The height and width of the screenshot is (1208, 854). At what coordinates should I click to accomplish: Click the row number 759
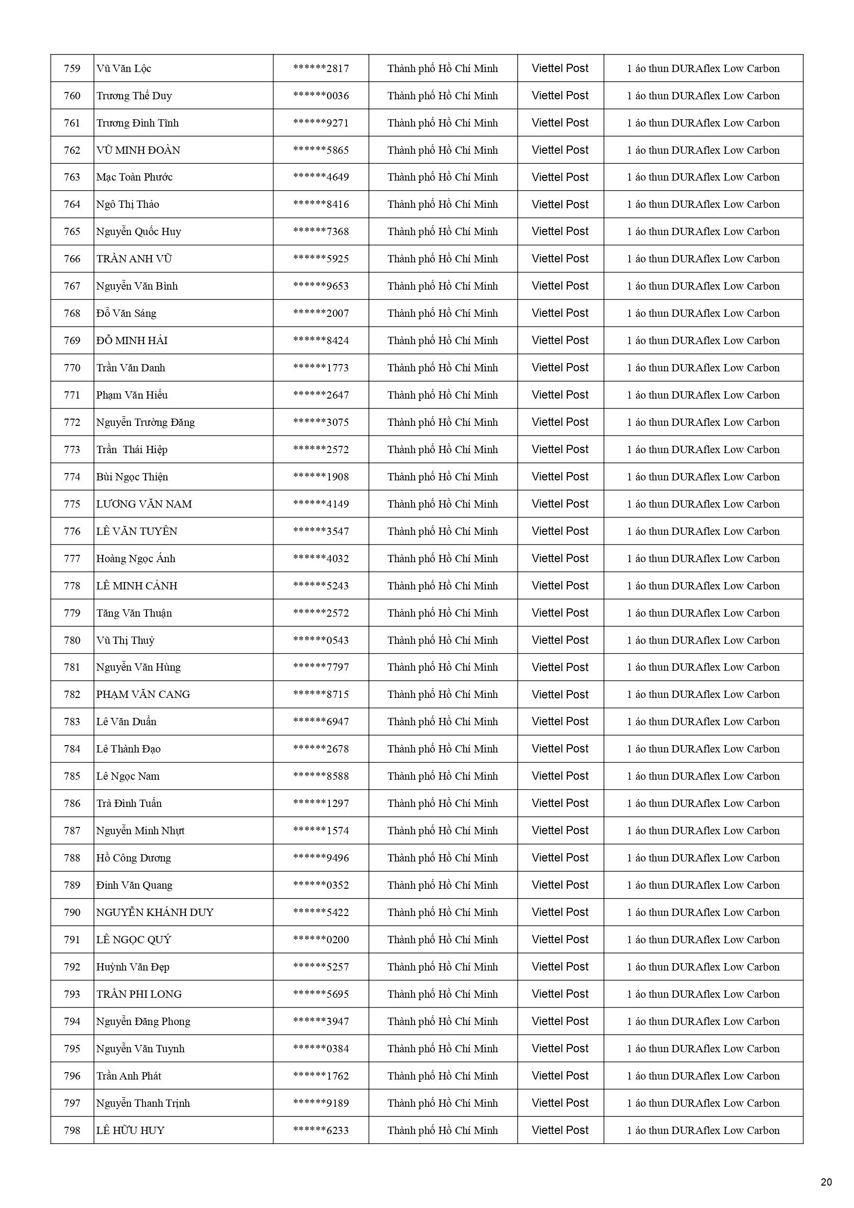click(72, 69)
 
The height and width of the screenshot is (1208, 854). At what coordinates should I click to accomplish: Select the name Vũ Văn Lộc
click(124, 69)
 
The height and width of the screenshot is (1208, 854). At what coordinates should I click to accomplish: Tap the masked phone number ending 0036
click(321, 96)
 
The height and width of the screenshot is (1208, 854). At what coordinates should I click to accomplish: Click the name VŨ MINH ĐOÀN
click(138, 150)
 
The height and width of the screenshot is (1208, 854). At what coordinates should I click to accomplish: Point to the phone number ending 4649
click(321, 177)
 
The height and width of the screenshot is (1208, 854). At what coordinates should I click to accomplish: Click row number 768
click(72, 313)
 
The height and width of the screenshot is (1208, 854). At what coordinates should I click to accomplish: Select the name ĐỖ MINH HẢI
click(131, 341)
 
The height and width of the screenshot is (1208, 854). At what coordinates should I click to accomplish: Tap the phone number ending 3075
click(321, 422)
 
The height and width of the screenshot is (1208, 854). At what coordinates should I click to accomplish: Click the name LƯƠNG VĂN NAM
click(144, 504)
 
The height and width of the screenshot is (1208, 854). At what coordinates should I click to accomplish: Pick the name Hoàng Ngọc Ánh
click(135, 559)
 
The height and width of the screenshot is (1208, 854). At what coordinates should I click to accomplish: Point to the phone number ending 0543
click(321, 641)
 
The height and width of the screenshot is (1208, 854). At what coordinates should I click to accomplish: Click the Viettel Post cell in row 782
click(560, 695)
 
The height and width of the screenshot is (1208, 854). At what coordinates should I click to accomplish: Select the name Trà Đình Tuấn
click(129, 804)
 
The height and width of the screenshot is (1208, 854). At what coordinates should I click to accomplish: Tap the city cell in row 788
click(442, 858)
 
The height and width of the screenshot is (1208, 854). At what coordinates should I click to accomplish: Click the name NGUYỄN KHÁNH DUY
click(155, 912)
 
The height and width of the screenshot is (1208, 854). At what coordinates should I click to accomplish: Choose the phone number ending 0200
click(321, 940)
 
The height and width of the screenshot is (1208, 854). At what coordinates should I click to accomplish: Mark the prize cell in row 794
click(703, 1021)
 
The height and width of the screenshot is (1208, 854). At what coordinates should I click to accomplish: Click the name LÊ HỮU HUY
click(130, 1130)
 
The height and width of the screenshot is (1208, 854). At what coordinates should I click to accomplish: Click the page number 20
click(826, 1182)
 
